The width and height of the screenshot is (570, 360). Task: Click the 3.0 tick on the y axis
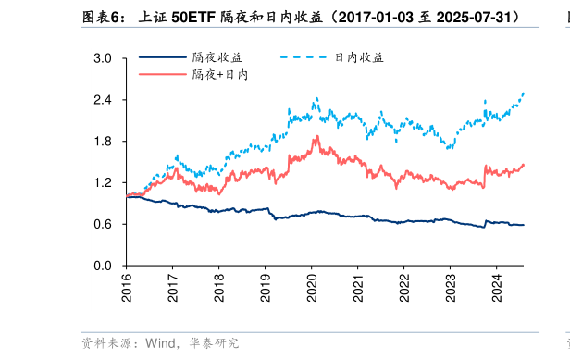(x=103, y=58)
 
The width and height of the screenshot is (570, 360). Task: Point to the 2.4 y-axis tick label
(x=103, y=100)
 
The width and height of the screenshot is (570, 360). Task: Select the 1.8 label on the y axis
(x=103, y=142)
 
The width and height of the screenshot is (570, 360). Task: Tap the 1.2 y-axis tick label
(x=103, y=183)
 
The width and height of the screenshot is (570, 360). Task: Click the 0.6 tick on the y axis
(x=103, y=225)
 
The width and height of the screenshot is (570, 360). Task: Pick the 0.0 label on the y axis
(x=103, y=267)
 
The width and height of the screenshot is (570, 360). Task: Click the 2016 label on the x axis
(x=127, y=287)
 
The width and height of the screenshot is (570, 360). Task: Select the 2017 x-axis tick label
(x=173, y=287)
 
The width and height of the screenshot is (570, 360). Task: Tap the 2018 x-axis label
(x=219, y=287)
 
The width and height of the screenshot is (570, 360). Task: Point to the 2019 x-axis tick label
(x=265, y=287)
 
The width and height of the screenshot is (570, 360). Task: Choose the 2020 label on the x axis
(x=311, y=287)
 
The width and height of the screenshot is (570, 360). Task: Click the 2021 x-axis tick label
(x=357, y=287)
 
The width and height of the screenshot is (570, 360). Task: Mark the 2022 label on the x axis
(x=403, y=287)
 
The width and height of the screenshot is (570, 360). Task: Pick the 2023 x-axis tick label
(x=450, y=287)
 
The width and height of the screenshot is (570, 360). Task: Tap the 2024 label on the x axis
(x=496, y=287)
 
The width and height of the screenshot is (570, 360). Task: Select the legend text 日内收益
(x=358, y=57)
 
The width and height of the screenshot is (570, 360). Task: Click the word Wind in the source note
(x=159, y=343)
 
